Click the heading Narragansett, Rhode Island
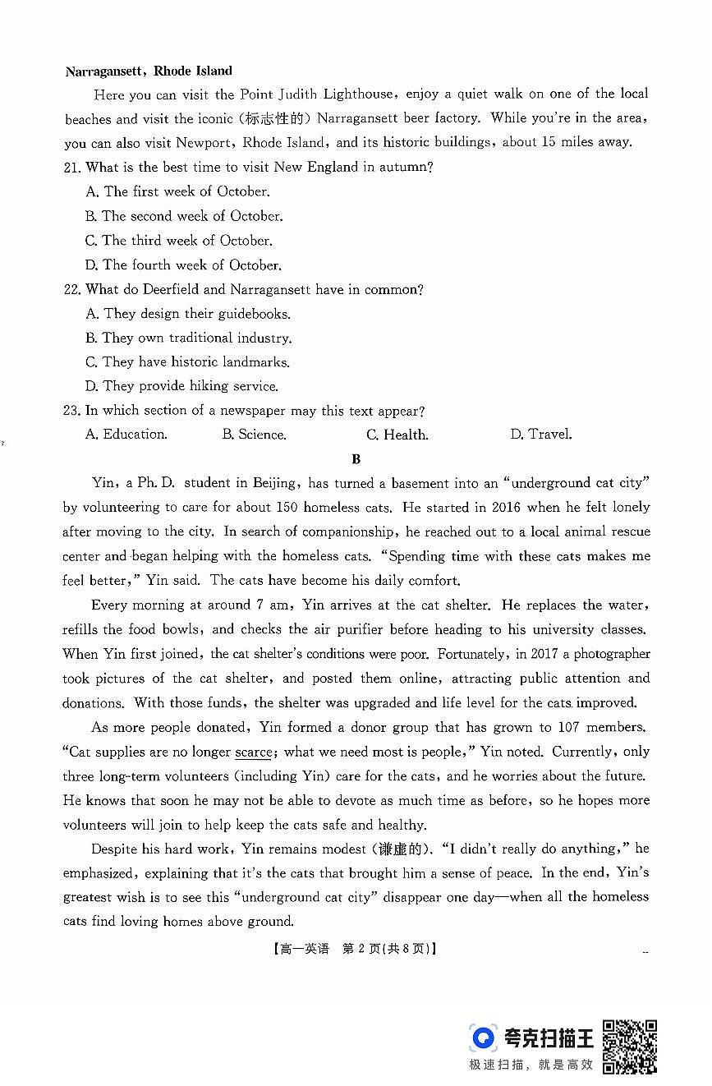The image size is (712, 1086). point(149,71)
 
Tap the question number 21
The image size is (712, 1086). point(73,168)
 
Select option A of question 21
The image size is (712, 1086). point(177,191)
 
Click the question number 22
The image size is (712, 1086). point(73,289)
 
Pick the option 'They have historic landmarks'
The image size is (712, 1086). point(187,361)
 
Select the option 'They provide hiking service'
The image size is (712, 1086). point(181,386)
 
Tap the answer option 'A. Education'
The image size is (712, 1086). point(126,435)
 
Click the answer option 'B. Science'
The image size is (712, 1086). point(254,435)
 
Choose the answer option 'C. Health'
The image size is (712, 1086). point(397,435)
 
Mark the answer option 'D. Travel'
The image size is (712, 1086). point(541,435)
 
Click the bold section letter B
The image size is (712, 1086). point(356,459)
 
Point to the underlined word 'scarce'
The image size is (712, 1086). point(253,752)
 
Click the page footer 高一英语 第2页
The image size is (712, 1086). point(354,948)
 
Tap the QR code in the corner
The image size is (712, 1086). point(630,1046)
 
